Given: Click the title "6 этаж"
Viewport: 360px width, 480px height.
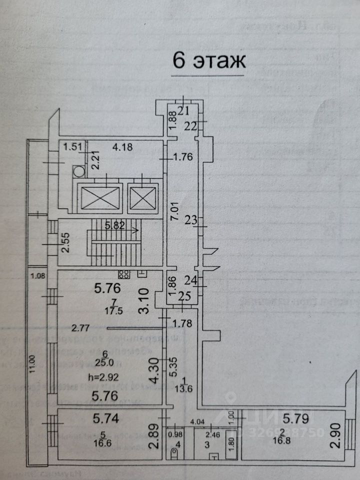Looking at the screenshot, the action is point(209,61).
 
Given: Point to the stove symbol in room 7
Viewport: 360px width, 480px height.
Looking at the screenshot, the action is point(124,274).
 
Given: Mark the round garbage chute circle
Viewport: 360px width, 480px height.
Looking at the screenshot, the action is point(78,171).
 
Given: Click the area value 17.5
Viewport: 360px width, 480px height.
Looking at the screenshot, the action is point(113,310).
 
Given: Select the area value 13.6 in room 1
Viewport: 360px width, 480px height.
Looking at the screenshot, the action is point(182,390).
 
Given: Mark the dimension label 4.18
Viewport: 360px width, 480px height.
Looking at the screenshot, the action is point(122,147).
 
